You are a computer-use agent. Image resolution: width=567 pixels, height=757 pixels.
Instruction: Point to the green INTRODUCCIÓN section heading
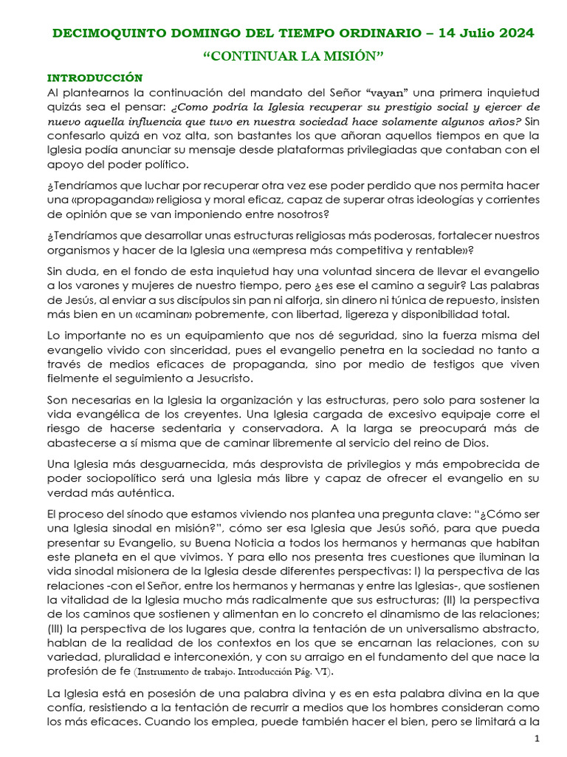[94, 77]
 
